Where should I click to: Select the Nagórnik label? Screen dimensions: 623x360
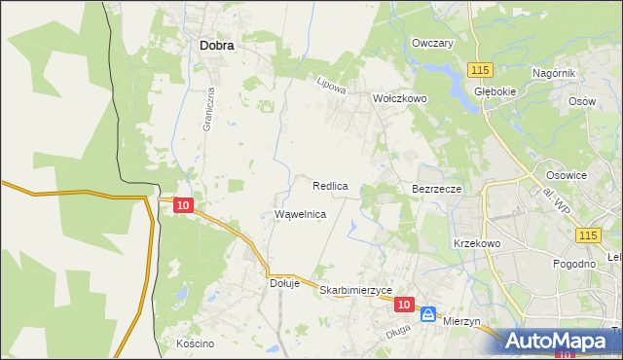pyautogui.click(x=555, y=73)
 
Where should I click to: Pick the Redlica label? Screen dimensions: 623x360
pyautogui.click(x=331, y=185)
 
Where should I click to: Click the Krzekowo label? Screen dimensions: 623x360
pyautogui.click(x=476, y=243)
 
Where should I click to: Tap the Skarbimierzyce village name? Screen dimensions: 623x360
pyautogui.click(x=355, y=291)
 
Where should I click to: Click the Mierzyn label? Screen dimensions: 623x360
pyautogui.click(x=463, y=319)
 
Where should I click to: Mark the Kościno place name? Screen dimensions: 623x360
pyautogui.click(x=195, y=344)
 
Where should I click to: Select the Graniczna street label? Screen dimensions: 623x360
pyautogui.click(x=207, y=110)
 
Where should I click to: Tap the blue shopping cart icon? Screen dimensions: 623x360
pyautogui.click(x=428, y=314)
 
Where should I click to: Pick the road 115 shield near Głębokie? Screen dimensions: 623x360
pyautogui.click(x=478, y=70)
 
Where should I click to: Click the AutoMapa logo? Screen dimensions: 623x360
pyautogui.click(x=559, y=341)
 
